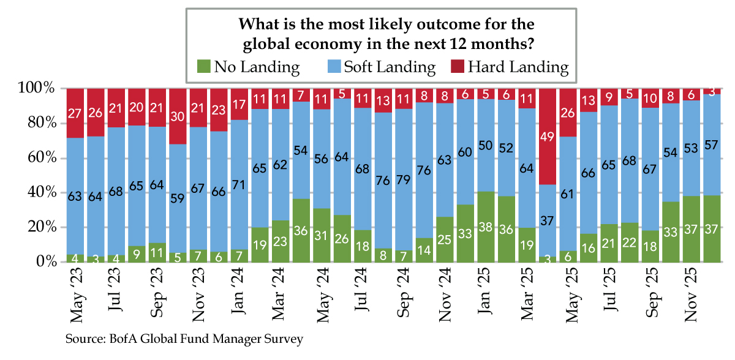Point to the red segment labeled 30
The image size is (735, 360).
click(178, 116)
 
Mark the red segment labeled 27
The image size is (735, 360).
click(75, 113)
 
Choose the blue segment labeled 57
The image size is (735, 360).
click(710, 144)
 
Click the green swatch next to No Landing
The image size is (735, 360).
click(203, 67)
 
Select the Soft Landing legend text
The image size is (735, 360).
click(389, 67)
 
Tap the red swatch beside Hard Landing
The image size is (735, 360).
click(457, 67)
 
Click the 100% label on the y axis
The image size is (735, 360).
click(38, 89)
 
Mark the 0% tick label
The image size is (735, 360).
click(45, 262)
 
